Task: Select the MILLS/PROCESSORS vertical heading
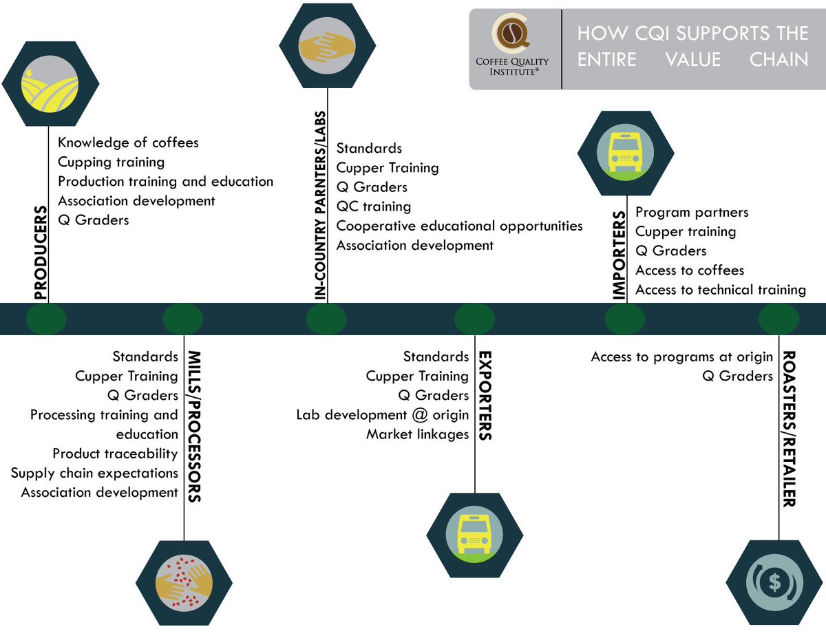[x=195, y=426]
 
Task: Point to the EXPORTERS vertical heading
[x=485, y=395]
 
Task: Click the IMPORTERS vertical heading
[x=619, y=256]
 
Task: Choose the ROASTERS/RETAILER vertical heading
[x=789, y=429]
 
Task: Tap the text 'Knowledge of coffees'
[x=128, y=142]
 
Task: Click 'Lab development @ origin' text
[x=382, y=415]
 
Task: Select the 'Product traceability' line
[x=115, y=454]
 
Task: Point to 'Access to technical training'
[x=720, y=290]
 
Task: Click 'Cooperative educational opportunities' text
[x=459, y=226]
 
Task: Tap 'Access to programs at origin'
[x=681, y=357]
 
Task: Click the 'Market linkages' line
[x=417, y=434]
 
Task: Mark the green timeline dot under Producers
[x=46, y=319]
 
